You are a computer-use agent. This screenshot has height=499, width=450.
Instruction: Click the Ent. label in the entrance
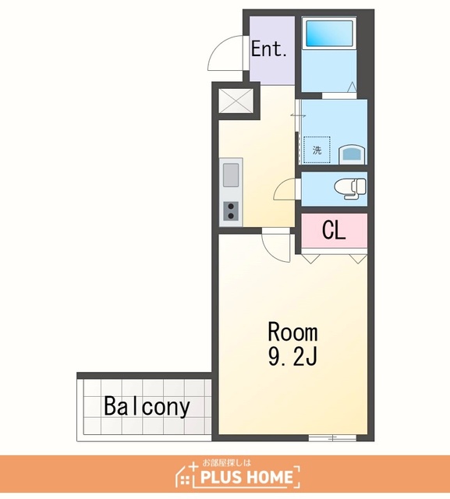(269, 49)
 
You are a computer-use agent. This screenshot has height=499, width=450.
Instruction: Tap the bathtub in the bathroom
(329, 33)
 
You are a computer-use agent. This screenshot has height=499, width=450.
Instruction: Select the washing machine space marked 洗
(317, 150)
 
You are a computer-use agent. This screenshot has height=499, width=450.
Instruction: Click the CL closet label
(334, 230)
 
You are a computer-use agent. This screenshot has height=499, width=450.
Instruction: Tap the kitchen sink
(231, 175)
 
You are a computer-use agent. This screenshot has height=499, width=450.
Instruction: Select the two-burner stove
(231, 211)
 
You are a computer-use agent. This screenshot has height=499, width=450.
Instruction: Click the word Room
(292, 332)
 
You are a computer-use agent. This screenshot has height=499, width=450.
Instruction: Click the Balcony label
(147, 406)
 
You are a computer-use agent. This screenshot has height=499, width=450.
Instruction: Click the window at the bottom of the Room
(332, 438)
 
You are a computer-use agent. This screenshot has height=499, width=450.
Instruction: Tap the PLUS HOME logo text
(247, 477)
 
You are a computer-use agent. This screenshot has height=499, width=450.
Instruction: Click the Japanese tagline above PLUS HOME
(227, 462)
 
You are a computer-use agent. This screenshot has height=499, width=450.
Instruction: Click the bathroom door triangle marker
(352, 87)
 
